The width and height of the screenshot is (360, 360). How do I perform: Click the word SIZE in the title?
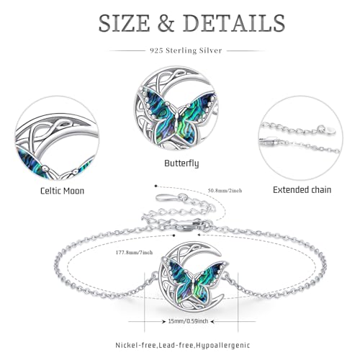(125, 23)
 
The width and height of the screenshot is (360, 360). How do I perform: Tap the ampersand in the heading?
(166, 23)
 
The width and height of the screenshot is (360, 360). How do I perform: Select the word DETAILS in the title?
(234, 23)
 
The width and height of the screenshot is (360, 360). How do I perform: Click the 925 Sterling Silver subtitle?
(186, 50)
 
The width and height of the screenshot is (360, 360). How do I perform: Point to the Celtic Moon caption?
(62, 191)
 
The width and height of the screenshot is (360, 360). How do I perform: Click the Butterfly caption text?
(181, 163)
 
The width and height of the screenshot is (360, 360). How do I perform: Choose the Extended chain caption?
(302, 190)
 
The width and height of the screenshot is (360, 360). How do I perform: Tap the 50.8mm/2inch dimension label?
(225, 191)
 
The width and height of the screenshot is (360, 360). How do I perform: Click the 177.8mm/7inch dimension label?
(134, 253)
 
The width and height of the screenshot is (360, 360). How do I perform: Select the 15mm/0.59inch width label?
(188, 321)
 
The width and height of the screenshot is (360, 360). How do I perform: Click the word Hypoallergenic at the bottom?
(223, 346)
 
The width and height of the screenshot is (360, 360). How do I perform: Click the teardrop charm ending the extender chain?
(165, 198)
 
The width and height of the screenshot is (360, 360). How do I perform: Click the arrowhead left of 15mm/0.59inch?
(163, 321)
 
